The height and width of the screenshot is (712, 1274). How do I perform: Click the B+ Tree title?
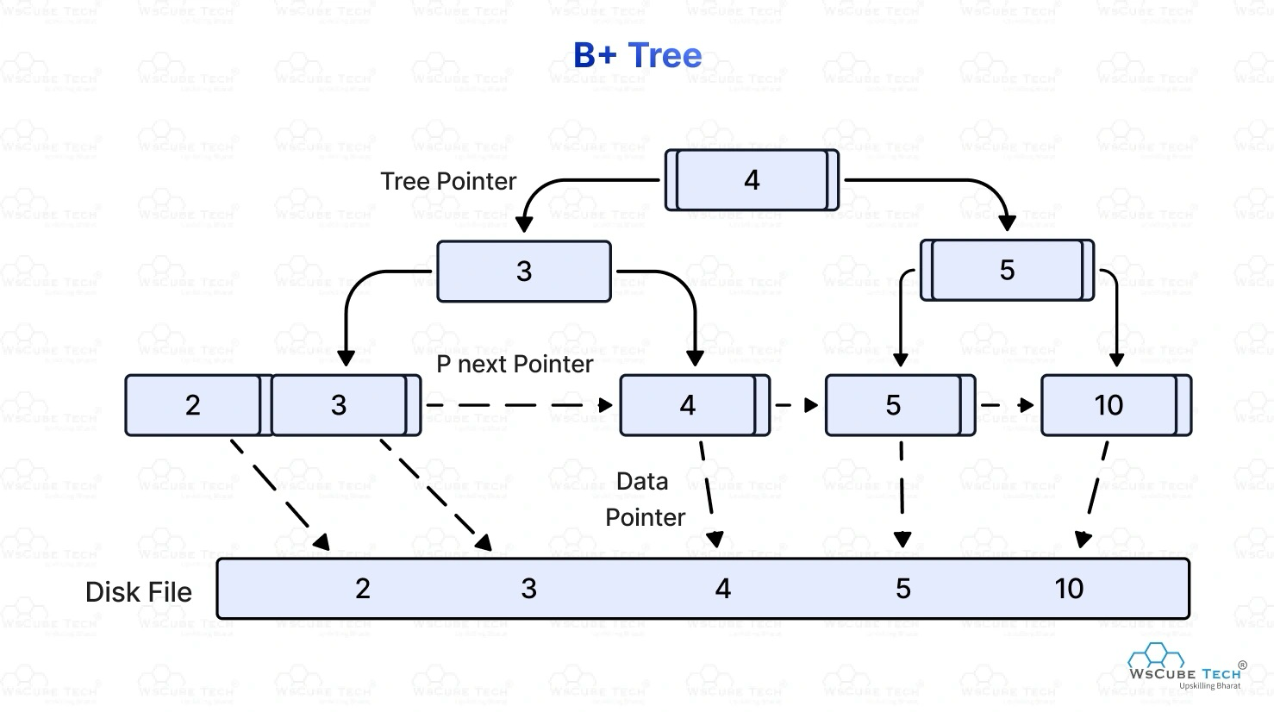pyautogui.click(x=637, y=55)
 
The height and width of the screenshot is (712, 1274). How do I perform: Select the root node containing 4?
pyautogui.click(x=752, y=180)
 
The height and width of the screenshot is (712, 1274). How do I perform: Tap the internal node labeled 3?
pyautogui.click(x=524, y=272)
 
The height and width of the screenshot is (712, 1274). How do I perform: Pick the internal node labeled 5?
pyautogui.click(x=1007, y=271)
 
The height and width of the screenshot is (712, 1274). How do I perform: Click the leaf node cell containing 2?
pyautogui.click(x=193, y=405)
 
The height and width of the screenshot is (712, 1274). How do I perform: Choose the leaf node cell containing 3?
pyautogui.click(x=339, y=405)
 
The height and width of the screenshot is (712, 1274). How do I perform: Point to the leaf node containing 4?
pyautogui.click(x=688, y=405)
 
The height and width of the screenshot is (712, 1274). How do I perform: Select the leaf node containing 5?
pyautogui.click(x=893, y=405)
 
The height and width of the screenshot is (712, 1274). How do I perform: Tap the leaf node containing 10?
pyautogui.click(x=1109, y=405)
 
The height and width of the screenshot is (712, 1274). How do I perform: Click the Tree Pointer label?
pyautogui.click(x=448, y=181)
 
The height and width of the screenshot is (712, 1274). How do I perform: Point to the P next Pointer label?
pyautogui.click(x=515, y=364)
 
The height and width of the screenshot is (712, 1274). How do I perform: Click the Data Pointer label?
pyautogui.click(x=644, y=499)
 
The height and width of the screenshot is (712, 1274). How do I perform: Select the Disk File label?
pyautogui.click(x=139, y=592)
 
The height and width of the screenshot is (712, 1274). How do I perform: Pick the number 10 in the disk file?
pyautogui.click(x=1069, y=589)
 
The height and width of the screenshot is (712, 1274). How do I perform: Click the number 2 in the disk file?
pyautogui.click(x=363, y=589)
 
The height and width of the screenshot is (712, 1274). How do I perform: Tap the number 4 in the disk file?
pyautogui.click(x=723, y=589)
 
